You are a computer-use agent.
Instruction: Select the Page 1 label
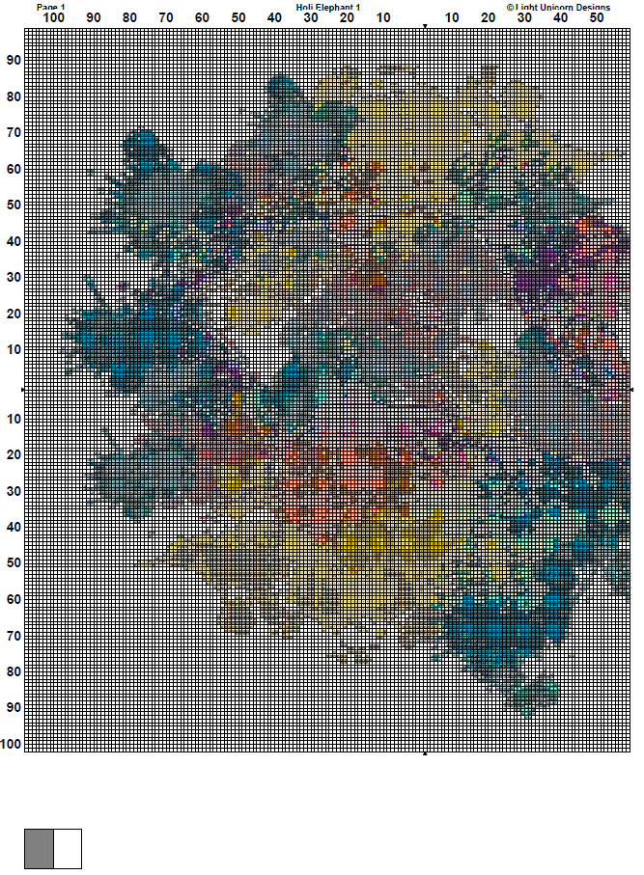pos(51,7)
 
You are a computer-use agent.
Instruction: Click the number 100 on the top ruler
pos(54,18)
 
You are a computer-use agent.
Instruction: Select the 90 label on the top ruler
pos(93,18)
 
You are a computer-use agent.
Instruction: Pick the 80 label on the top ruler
pos(129,18)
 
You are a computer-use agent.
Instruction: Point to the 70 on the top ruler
pos(166,18)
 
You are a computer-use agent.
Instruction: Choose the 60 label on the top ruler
pos(202,18)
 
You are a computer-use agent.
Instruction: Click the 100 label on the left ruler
pos(14,745)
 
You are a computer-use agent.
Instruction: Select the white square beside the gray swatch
pos(68,848)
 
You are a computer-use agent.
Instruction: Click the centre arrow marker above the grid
pos(425,25)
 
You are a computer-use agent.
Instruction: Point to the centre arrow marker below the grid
pos(425,754)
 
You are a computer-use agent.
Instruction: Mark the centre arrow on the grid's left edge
pos(22,389)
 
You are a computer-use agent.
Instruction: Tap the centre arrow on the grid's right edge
pos(631,389)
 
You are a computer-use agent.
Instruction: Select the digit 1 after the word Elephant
pos(358,7)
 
